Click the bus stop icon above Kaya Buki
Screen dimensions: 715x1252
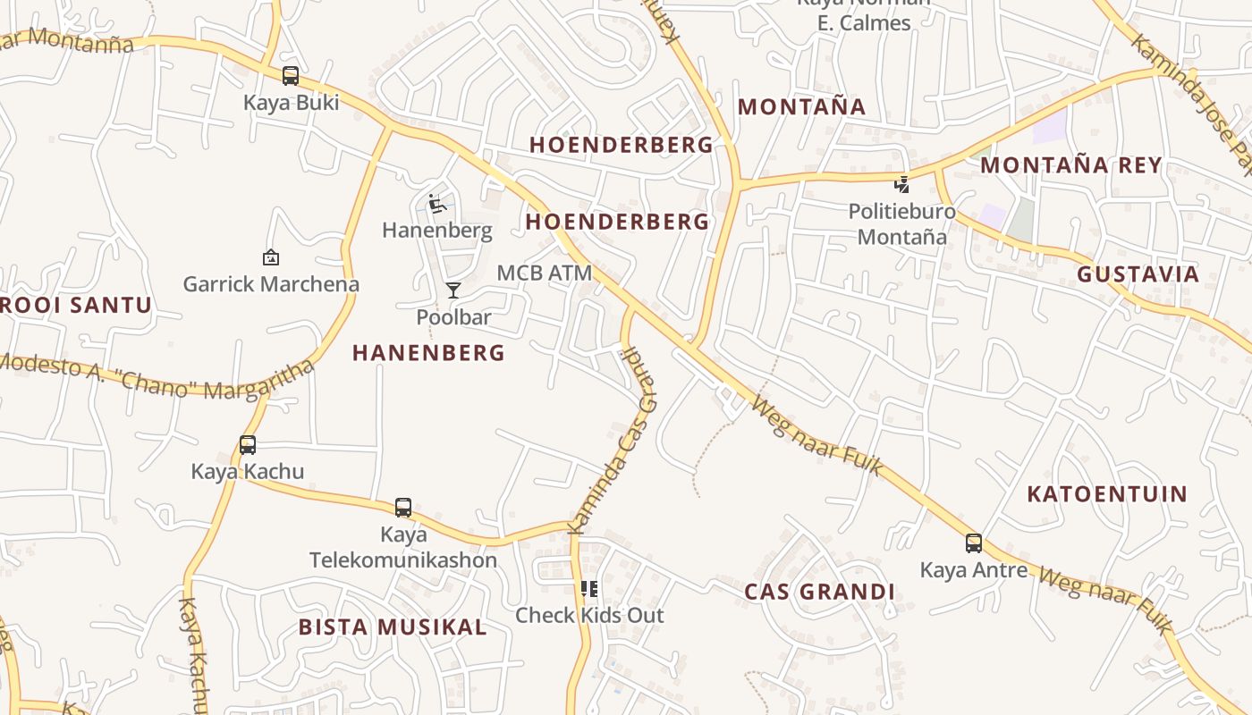pyautogui.click(x=291, y=76)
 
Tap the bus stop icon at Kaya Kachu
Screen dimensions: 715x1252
pyautogui.click(x=248, y=444)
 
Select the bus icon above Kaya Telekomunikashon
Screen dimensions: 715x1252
pyautogui.click(x=403, y=508)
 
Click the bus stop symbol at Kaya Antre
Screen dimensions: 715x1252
pyautogui.click(x=974, y=543)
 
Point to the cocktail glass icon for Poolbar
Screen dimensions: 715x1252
pyautogui.click(x=453, y=290)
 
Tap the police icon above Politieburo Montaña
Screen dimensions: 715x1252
pyautogui.click(x=902, y=185)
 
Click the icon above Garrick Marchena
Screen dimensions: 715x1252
pyautogui.click(x=270, y=257)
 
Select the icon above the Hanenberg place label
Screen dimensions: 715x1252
pyautogui.click(x=436, y=205)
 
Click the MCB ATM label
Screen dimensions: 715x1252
pyautogui.click(x=545, y=273)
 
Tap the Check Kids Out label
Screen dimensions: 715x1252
pyautogui.click(x=589, y=615)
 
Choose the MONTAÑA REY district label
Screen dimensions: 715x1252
pyautogui.click(x=1070, y=165)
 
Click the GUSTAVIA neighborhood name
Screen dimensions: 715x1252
pyautogui.click(x=1138, y=274)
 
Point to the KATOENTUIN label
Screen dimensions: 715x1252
pyautogui.click(x=1107, y=494)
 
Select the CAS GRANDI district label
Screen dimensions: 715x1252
pyautogui.click(x=819, y=592)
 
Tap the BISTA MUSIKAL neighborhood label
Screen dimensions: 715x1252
pyautogui.click(x=393, y=627)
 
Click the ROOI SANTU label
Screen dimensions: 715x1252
pyautogui.click(x=76, y=305)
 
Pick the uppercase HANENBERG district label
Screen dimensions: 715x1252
pyautogui.click(x=428, y=353)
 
